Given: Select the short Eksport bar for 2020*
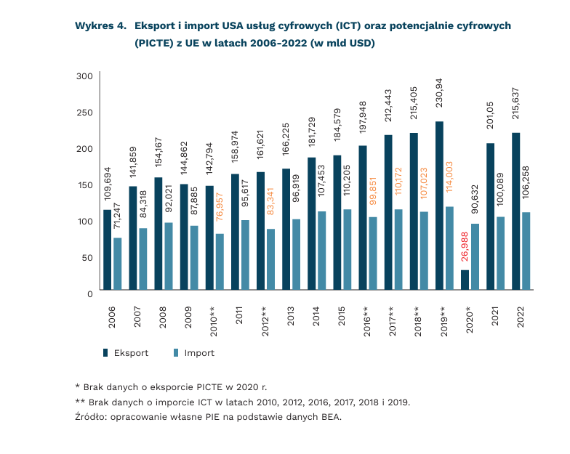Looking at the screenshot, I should pyautogui.click(x=465, y=280).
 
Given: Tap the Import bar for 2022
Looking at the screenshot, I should pyautogui.click(x=526, y=251).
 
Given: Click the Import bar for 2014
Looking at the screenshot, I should pyautogui.click(x=321, y=251).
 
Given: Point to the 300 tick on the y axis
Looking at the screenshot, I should pyautogui.click(x=84, y=76).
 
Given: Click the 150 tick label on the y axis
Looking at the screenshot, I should pyautogui.click(x=84, y=185).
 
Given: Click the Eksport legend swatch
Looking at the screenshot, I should pyautogui.click(x=105, y=353).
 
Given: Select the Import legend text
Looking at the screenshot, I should pyautogui.click(x=199, y=353).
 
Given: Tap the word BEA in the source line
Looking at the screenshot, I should pyautogui.click(x=329, y=418).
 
